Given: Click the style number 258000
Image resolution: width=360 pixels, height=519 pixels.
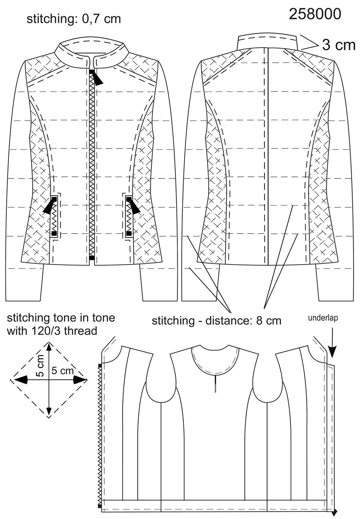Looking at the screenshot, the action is point(315,14).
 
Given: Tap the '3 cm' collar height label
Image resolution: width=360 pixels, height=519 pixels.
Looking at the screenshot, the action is point(339,45).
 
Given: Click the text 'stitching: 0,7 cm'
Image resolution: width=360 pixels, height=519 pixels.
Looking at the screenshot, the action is point(74,19).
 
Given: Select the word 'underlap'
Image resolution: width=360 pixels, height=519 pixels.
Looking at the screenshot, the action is point(323,318).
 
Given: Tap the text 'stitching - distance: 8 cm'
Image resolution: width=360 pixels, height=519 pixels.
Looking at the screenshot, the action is point(217,321).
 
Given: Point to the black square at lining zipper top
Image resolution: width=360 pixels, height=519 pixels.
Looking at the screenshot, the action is point(100,366).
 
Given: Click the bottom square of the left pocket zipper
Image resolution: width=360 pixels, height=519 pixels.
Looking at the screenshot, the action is point(54,233).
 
